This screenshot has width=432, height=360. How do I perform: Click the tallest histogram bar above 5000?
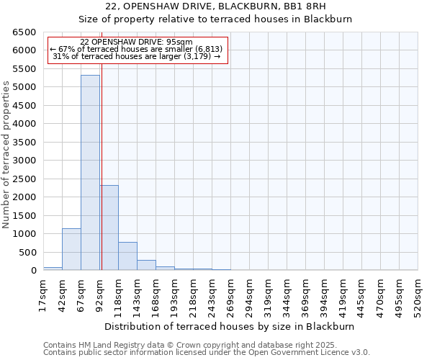[90, 173]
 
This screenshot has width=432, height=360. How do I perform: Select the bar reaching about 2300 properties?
[109, 228]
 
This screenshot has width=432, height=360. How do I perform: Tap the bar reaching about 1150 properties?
[71, 249]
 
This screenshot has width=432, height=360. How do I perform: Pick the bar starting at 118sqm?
[127, 256]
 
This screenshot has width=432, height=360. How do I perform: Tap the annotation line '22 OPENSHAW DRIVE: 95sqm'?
[137, 42]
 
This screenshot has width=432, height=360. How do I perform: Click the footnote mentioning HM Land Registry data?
[205, 345]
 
